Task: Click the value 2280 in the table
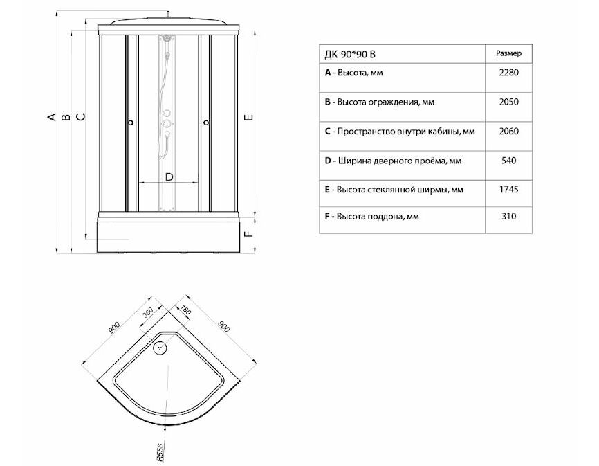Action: [x=508, y=73]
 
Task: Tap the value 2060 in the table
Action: [x=508, y=132]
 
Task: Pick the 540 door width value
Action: [x=508, y=161]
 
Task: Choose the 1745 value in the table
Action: [x=508, y=190]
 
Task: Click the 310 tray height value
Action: [x=508, y=216]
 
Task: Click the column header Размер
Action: [x=508, y=53]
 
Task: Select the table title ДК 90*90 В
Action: [x=350, y=55]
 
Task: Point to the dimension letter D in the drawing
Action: [x=169, y=177]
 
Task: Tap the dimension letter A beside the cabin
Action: [x=52, y=116]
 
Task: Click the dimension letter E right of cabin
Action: [x=248, y=117]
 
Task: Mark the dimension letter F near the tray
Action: [x=248, y=233]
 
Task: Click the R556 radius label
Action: [x=160, y=452]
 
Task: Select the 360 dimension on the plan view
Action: [x=147, y=313]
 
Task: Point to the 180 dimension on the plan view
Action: [x=185, y=310]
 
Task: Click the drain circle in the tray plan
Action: [x=160, y=348]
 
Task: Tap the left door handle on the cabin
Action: [x=131, y=123]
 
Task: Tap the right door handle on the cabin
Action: [x=206, y=123]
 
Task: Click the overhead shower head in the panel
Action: [x=167, y=39]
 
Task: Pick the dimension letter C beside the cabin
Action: [x=81, y=116]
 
